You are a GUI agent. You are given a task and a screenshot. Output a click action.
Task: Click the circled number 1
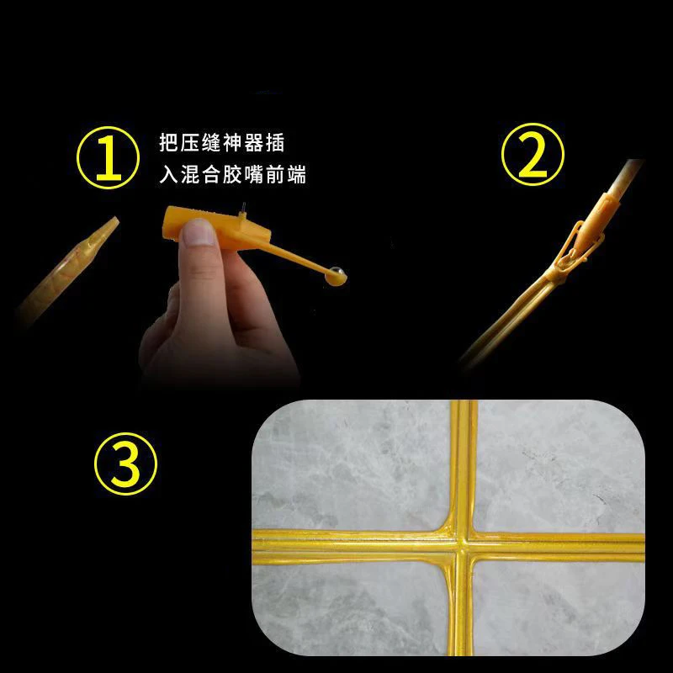pyautogui.click(x=107, y=157)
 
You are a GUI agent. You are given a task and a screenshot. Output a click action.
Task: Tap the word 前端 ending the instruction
pyautogui.click(x=286, y=176)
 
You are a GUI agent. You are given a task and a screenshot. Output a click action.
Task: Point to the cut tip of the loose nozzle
pyautogui.click(x=110, y=225)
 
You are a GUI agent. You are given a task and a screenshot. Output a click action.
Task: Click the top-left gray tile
pyautogui.click(x=353, y=463)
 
